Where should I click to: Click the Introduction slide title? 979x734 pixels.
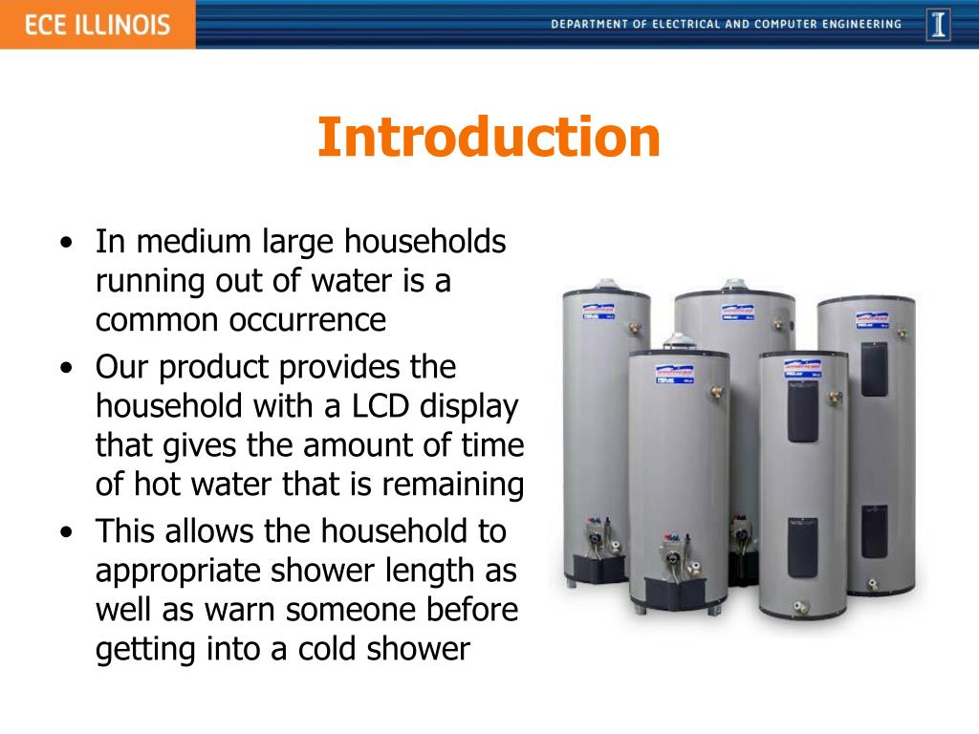point(489,137)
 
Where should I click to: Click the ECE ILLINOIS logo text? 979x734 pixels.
point(97,24)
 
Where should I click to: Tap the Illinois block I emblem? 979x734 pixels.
point(938,24)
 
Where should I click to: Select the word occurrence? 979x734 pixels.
point(307,320)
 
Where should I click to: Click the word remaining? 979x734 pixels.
point(452,486)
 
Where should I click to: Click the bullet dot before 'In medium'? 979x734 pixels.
point(64,243)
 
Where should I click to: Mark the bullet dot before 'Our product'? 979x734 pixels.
point(64,368)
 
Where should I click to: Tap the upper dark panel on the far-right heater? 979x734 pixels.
point(874,368)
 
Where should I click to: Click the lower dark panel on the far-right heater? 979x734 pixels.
point(874,530)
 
